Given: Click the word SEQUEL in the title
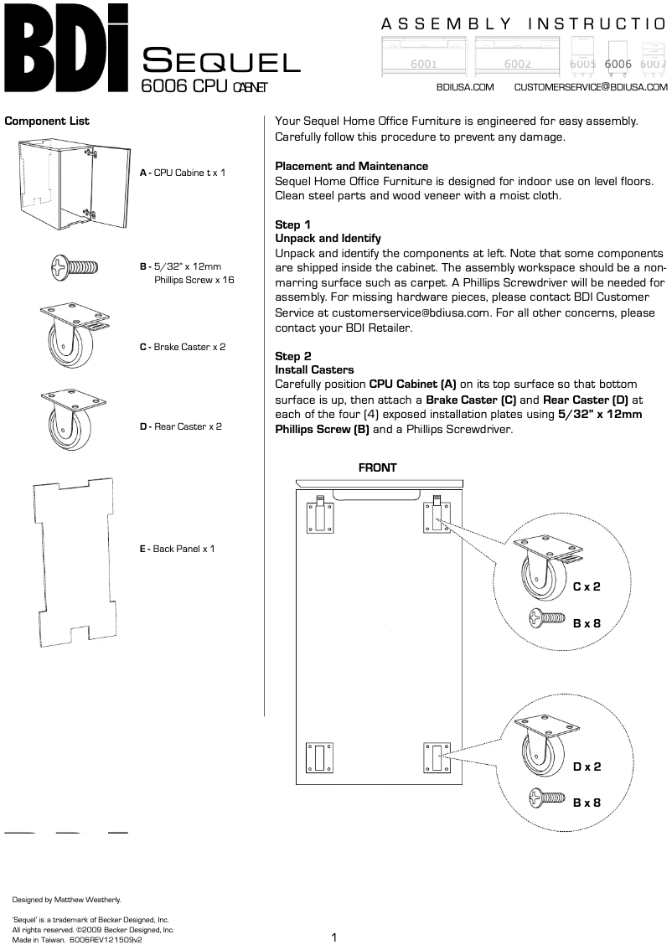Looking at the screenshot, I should coord(221,61).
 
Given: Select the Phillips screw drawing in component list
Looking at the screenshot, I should coord(74,267).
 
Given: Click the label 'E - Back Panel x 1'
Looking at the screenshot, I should coord(177,549).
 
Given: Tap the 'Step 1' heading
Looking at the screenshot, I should coord(293,225).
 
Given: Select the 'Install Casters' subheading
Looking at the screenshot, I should coord(314,369).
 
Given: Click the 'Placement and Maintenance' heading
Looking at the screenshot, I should coord(351,166).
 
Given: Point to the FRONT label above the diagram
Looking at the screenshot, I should coord(377,467).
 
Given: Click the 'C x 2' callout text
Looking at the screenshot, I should coord(587,586).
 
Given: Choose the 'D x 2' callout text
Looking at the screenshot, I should coord(587,766).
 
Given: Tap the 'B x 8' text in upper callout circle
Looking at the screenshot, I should coord(587,622).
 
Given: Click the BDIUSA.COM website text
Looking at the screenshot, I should coord(465,87).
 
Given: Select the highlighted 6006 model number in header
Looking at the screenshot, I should coord(618,64).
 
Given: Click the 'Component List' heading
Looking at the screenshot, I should coord(47,121).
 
